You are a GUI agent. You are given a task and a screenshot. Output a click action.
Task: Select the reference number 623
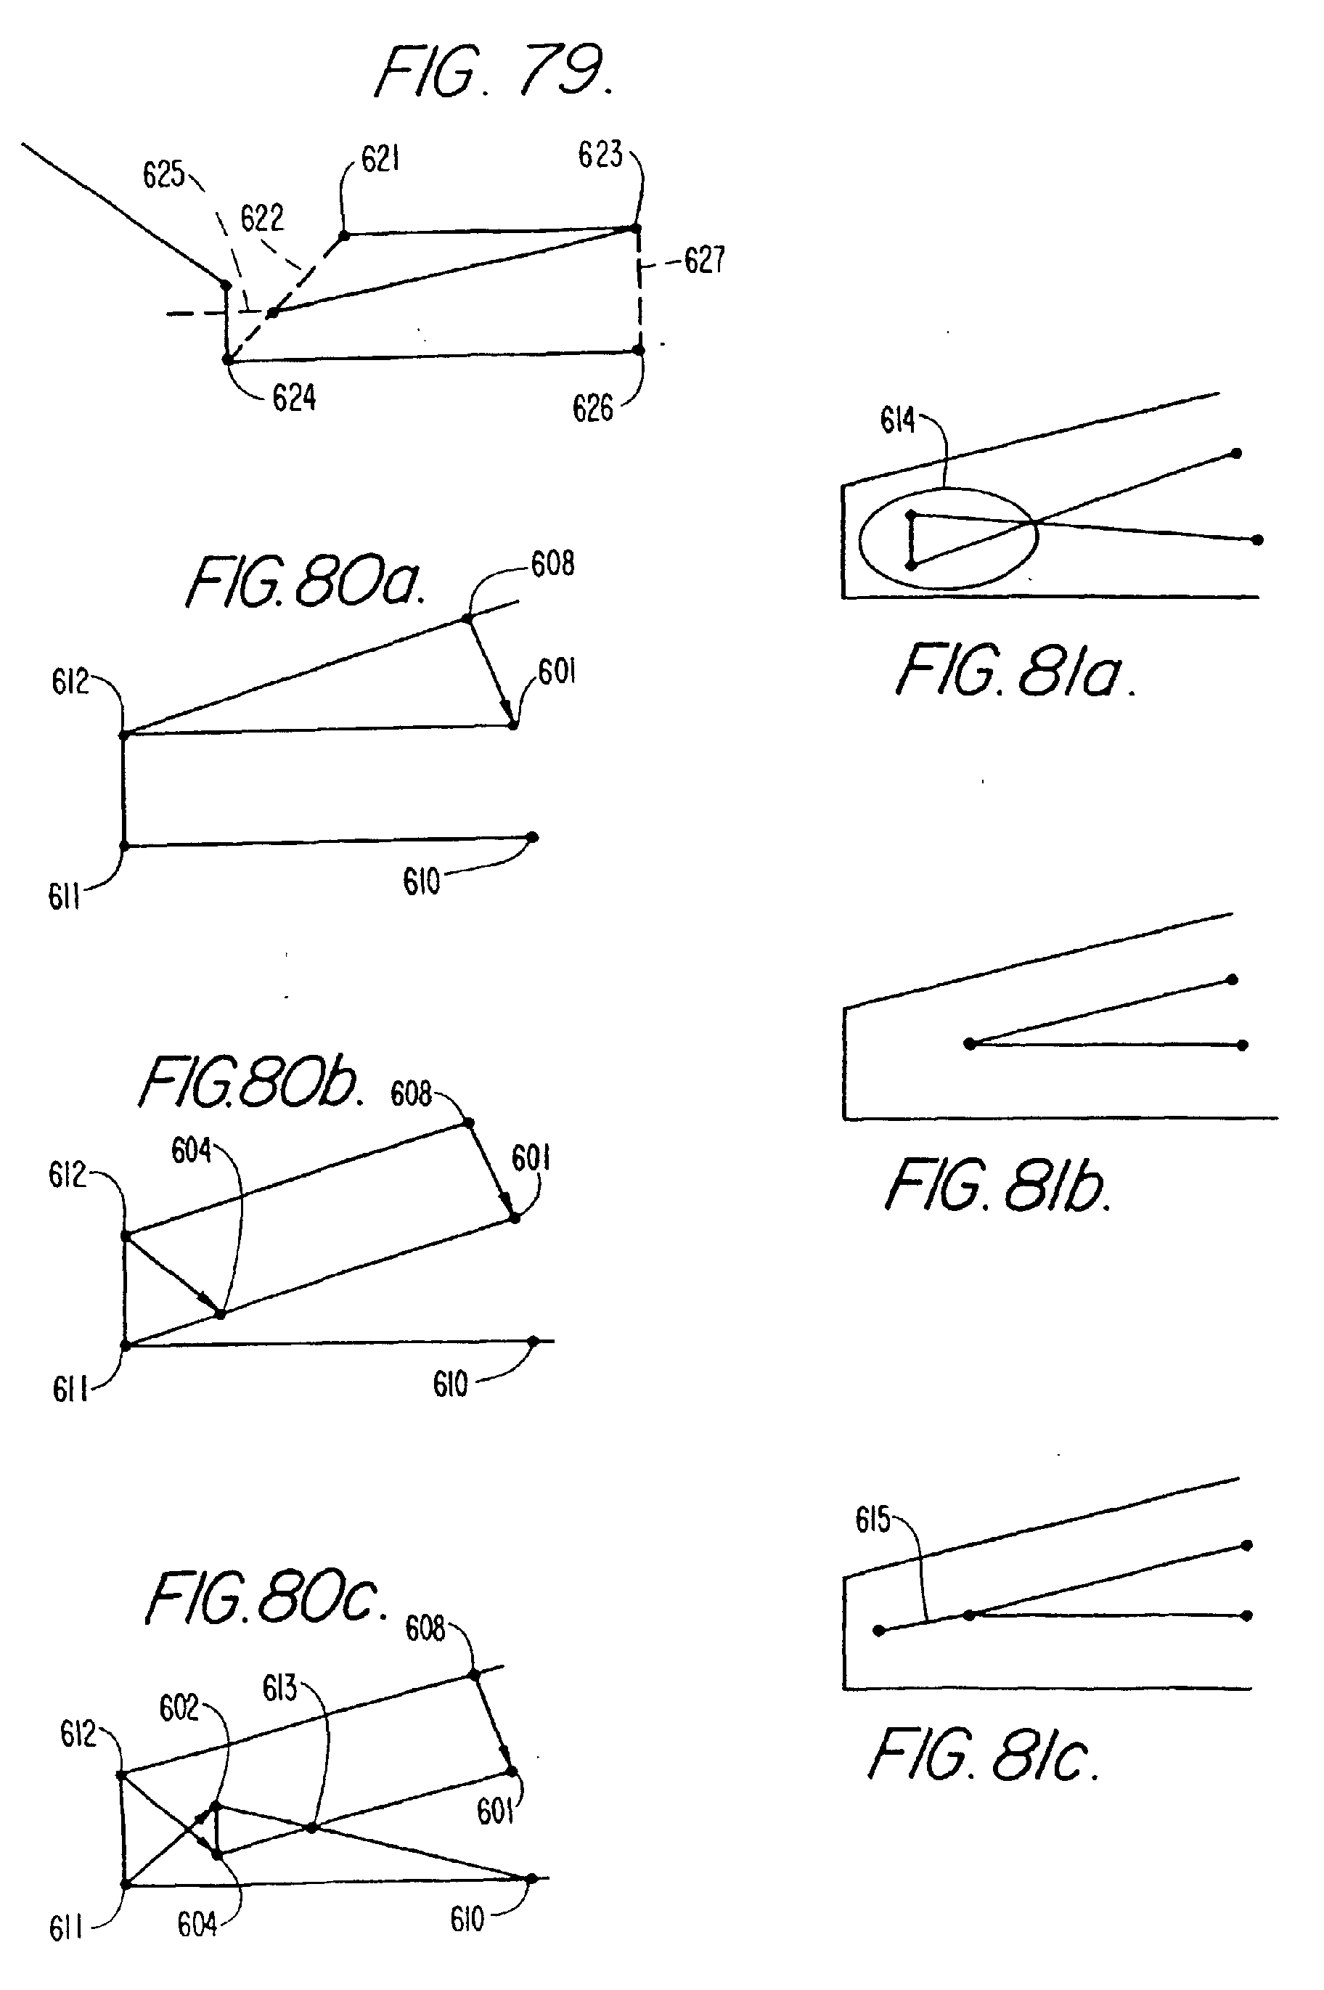tap(600, 155)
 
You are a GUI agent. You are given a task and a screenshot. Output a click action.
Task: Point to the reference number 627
tap(704, 260)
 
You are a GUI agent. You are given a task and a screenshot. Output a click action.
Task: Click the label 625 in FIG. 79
tap(163, 175)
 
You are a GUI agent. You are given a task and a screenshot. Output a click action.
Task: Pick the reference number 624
tap(294, 398)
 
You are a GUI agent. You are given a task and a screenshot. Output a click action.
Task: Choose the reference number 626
tap(593, 409)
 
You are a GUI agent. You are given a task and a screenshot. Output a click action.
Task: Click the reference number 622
tap(262, 219)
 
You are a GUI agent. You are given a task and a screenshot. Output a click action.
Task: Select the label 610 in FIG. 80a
tap(421, 882)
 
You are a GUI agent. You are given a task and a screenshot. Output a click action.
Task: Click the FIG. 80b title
tap(250, 1084)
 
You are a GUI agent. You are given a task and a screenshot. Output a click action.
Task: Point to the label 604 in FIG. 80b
tap(191, 1151)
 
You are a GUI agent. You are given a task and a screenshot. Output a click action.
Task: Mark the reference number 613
tap(279, 1689)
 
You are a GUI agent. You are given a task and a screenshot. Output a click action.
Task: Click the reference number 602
tap(179, 1709)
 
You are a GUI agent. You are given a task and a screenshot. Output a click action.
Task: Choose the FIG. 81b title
tap(997, 1186)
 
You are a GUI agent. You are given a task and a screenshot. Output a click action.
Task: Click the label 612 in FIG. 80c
tap(78, 1735)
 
